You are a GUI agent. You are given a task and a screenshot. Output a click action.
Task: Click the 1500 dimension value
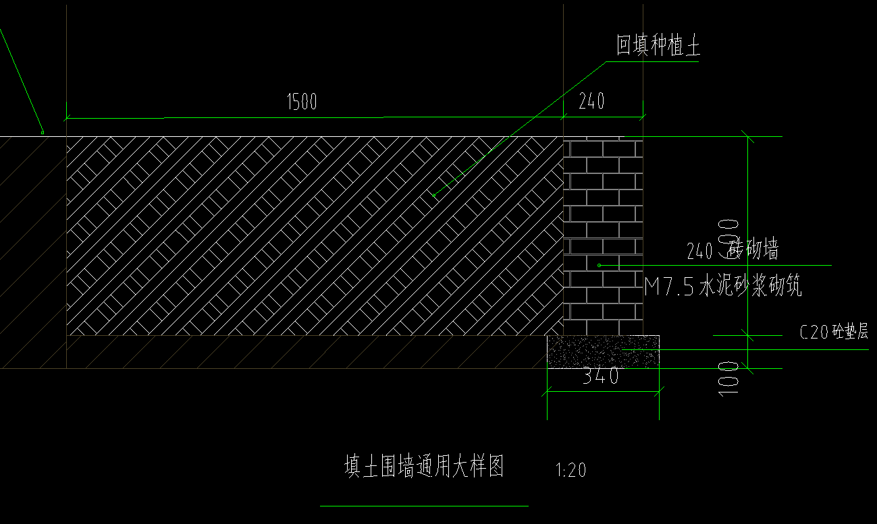point(302,103)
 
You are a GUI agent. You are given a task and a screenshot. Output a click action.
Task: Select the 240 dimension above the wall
point(592,101)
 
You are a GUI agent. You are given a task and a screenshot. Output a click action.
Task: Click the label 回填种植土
point(658,46)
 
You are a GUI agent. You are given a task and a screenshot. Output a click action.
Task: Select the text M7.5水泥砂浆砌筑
point(723,288)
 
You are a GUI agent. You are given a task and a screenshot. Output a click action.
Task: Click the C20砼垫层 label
point(834,332)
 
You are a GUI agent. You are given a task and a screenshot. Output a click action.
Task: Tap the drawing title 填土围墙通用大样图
point(424,467)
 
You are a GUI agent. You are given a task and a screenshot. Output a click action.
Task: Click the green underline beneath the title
point(424,505)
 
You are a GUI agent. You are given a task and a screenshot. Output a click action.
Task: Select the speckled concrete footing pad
point(603,351)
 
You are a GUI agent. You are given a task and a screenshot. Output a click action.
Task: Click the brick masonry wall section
point(603,236)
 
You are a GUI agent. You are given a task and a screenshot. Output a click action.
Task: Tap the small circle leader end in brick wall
point(599,265)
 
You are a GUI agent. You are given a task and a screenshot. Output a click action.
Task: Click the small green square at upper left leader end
point(43,132)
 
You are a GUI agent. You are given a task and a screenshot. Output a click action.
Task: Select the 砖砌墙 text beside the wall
point(753,250)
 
